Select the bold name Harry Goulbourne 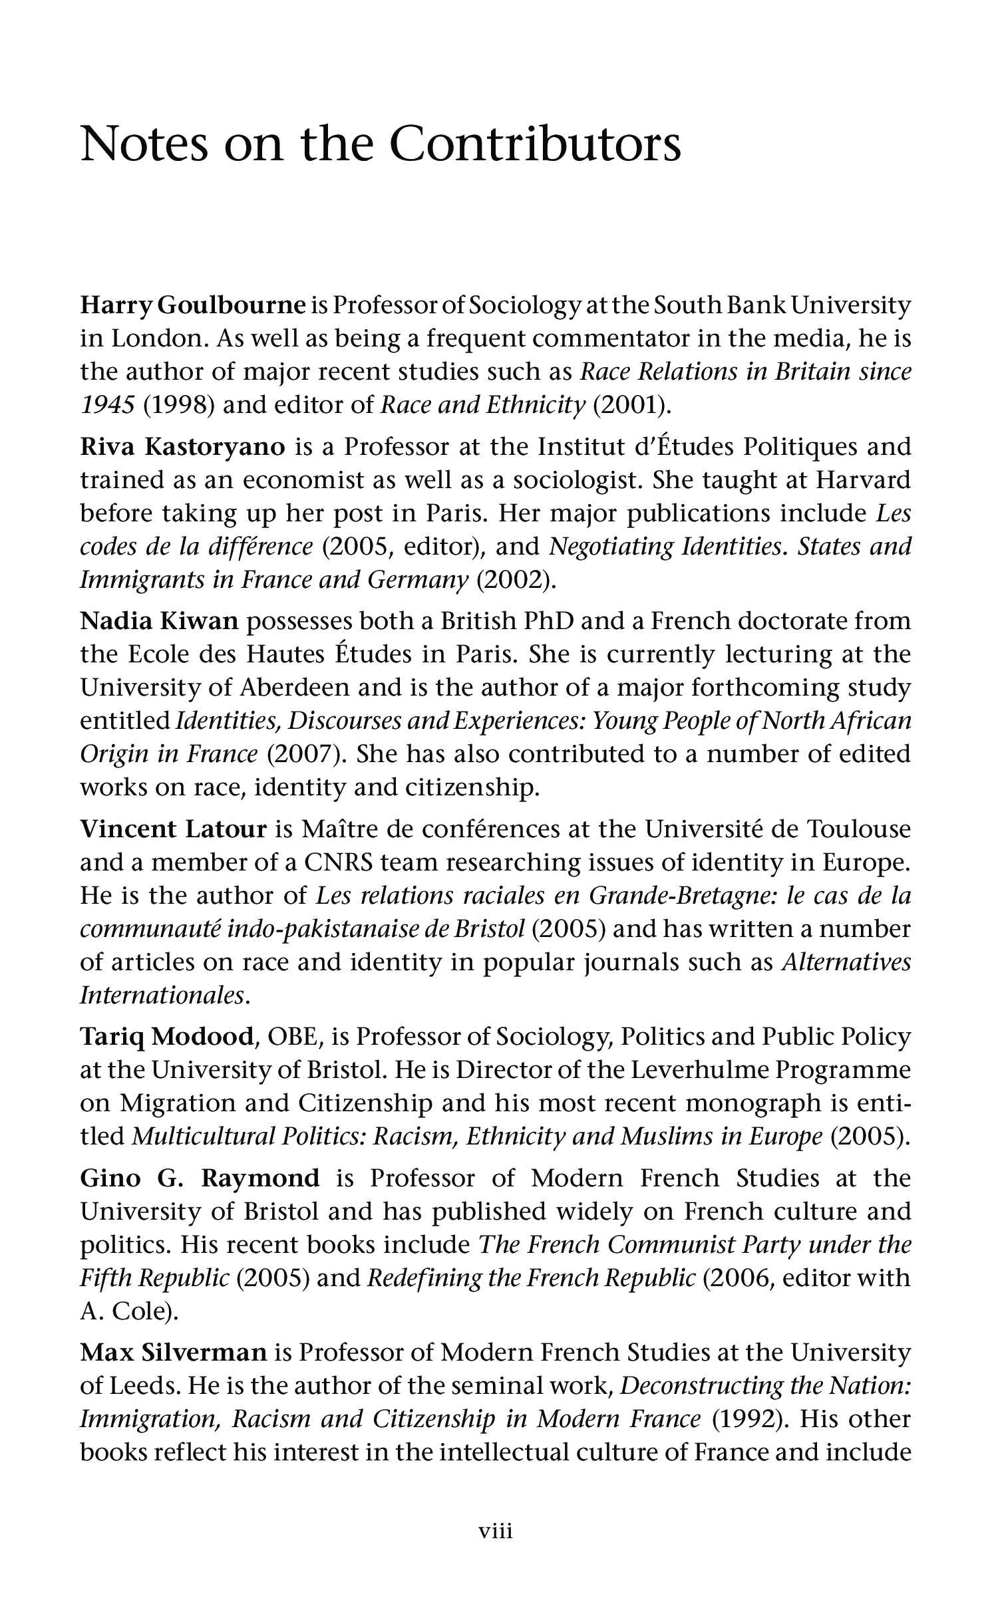193,306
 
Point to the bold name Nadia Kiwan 159,621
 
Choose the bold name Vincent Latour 173,829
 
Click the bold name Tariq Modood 167,1037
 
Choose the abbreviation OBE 289,1037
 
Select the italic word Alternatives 846,962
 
